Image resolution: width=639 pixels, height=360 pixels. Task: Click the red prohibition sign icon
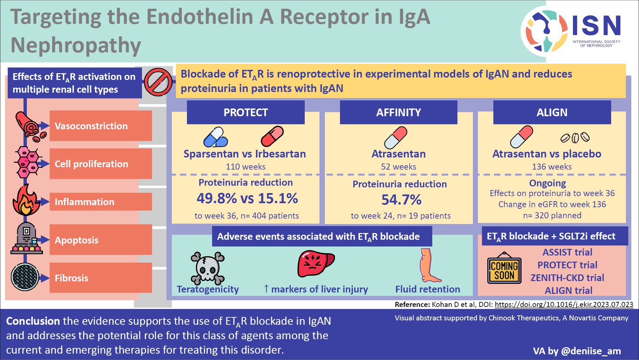158,82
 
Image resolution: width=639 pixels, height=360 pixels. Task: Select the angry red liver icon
315,264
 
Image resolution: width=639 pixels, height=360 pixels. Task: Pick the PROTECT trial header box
246,113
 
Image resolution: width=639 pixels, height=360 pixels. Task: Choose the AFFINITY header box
398,113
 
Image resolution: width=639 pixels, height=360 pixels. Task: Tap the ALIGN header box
552,113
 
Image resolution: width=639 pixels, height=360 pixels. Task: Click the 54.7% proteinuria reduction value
401,200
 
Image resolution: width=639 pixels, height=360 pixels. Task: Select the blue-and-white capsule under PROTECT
215,137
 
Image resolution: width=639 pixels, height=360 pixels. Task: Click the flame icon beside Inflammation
26,200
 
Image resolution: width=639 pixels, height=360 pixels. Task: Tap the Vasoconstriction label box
101,126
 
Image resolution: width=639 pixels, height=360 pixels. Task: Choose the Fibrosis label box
101,278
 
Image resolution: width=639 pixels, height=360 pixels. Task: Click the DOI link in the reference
564,305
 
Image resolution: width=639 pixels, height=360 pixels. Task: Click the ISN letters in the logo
596,26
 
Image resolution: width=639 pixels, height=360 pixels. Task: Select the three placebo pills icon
575,138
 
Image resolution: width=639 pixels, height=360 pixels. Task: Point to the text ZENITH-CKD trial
567,278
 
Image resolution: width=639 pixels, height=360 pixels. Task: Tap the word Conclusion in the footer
33,321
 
